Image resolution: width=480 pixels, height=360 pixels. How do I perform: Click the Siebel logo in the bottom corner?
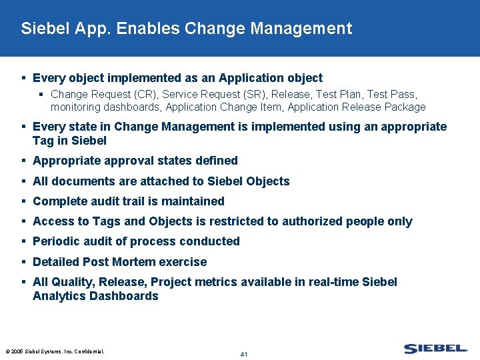[x=435, y=349]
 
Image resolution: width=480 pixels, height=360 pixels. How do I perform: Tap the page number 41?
[x=244, y=354]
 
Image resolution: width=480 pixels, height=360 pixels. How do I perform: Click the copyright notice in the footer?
[x=55, y=351]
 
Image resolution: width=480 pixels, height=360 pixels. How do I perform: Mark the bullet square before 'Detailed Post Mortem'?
[x=23, y=262]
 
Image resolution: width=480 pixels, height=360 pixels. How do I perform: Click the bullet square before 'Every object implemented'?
[x=23, y=78]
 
